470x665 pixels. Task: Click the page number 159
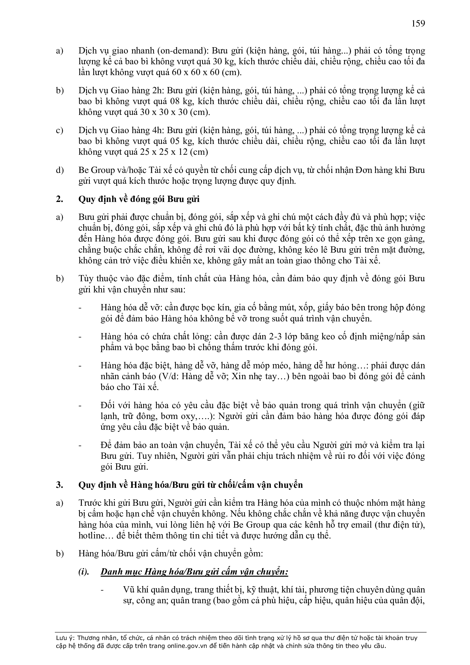tap(418, 23)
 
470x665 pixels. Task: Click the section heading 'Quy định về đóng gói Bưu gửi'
tap(139, 200)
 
